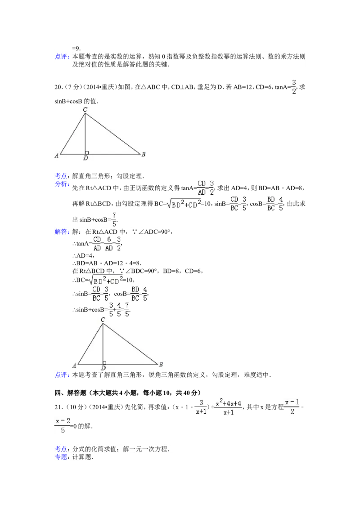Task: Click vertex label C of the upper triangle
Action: [x=85, y=109]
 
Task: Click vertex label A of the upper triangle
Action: [x=56, y=156]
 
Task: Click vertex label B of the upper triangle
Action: [x=143, y=154]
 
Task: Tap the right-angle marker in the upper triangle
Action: [x=87, y=152]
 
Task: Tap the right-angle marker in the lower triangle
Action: [x=104, y=362]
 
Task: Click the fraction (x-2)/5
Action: [x=63, y=425]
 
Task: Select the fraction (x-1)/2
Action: [x=291, y=406]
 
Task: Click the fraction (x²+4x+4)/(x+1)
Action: [x=229, y=406]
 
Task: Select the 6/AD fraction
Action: [x=109, y=243]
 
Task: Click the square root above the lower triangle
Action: [x=106, y=280]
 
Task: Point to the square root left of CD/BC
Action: [x=184, y=205]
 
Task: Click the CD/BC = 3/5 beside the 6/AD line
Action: [x=100, y=293]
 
